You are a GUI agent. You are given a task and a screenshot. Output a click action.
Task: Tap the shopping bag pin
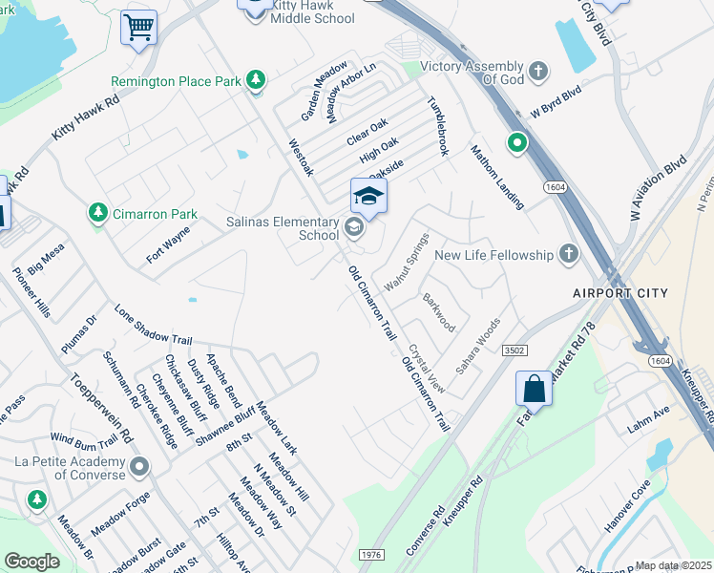point(534,389)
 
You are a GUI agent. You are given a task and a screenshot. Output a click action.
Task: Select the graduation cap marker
point(368,197)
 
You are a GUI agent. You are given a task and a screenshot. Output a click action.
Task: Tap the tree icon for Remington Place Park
point(255,80)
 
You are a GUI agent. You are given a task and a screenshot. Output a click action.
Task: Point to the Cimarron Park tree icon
point(96,213)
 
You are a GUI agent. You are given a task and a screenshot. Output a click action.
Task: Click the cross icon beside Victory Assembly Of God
point(539,71)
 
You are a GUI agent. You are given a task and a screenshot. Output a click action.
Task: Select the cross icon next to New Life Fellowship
point(568,254)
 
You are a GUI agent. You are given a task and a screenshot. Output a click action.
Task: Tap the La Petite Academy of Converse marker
point(140,467)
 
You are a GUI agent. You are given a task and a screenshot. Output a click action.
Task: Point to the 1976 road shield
point(372,555)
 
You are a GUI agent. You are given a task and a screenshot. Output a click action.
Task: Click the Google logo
point(31,562)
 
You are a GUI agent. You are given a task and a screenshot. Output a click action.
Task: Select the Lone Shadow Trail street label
point(153,326)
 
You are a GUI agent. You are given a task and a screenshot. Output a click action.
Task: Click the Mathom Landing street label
point(496,177)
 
